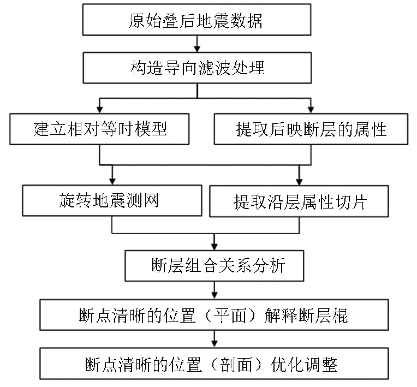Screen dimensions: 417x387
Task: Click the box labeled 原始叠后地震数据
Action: (x=197, y=20)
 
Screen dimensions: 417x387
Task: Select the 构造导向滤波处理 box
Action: (x=197, y=68)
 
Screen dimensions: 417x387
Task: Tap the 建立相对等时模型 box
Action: (x=99, y=129)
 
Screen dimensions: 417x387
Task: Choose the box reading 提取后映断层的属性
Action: (x=311, y=129)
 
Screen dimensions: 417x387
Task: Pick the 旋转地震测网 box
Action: (x=112, y=200)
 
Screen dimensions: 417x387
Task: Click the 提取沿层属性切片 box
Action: (x=299, y=201)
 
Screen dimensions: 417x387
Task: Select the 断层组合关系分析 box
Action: (x=215, y=266)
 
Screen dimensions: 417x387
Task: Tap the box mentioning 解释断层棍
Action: (x=214, y=315)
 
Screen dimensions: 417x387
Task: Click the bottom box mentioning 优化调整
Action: (x=214, y=364)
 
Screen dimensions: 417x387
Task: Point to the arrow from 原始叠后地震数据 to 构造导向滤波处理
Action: (x=197, y=44)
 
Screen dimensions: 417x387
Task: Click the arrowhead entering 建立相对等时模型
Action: (x=100, y=110)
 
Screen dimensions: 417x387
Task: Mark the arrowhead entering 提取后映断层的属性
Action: (x=311, y=110)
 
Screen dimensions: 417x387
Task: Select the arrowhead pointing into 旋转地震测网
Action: (x=112, y=181)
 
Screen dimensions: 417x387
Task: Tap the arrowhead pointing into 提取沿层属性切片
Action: (x=299, y=182)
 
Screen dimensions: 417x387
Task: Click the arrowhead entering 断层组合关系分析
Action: (x=215, y=247)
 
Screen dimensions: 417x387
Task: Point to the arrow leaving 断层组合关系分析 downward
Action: (x=215, y=290)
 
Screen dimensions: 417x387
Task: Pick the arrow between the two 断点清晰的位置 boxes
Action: (x=215, y=339)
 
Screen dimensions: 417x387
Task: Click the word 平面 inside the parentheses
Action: (x=230, y=315)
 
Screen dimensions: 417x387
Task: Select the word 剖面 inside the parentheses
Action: (x=236, y=365)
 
